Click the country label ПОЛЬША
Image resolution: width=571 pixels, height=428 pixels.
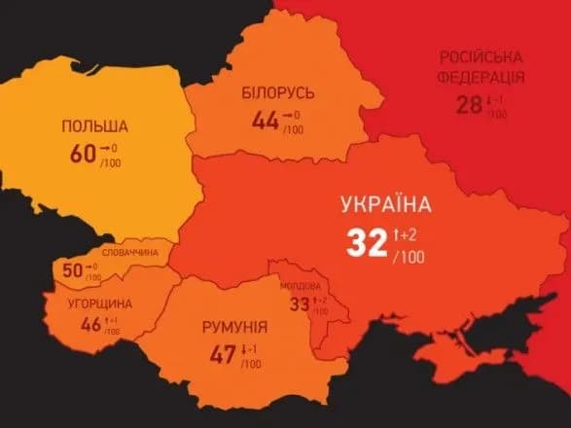point(94,126)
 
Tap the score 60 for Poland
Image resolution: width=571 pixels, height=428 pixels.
point(83,153)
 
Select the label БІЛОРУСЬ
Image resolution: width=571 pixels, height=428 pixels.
point(278,92)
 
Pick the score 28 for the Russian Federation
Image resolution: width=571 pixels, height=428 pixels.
point(469,104)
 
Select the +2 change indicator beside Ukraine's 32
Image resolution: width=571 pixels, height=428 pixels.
point(409,234)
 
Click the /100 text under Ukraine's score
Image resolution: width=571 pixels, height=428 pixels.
point(408,258)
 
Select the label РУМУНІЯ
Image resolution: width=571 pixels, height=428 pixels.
point(234,327)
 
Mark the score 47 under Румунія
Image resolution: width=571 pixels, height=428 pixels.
point(223,354)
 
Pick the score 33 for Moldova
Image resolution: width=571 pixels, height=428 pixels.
point(299,303)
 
